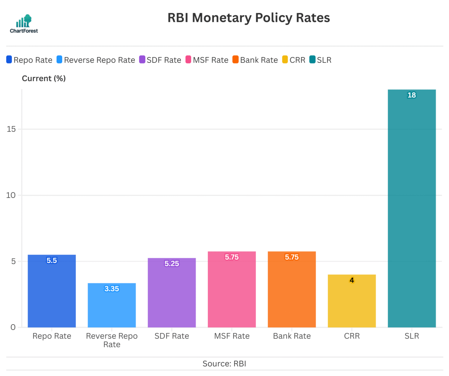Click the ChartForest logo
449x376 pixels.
click(24, 24)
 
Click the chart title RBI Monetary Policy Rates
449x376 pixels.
click(248, 18)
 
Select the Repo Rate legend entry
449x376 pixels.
click(29, 60)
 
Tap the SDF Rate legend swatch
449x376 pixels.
click(142, 60)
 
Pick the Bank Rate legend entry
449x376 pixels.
click(255, 60)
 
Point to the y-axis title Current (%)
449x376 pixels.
click(44, 78)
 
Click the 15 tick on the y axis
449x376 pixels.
click(11, 129)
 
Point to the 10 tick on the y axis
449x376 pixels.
click(11, 195)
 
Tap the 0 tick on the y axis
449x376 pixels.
click(13, 327)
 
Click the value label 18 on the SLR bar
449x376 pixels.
click(412, 95)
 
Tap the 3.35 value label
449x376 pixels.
click(112, 289)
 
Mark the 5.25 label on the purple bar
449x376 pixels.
click(172, 264)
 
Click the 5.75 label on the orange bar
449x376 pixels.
click(292, 257)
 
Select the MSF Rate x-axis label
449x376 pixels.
click(232, 336)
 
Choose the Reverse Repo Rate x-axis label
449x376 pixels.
click(112, 340)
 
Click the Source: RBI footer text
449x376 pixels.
click(224, 364)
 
